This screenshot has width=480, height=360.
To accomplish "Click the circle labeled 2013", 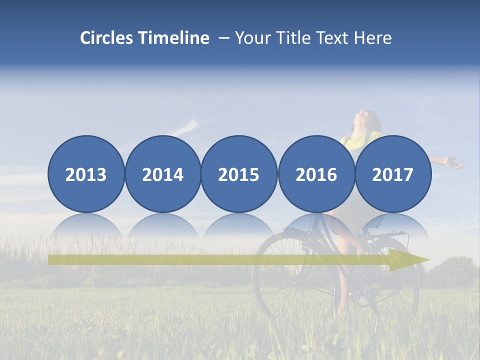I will coord(86,174).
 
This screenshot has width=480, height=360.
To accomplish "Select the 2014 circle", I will coord(163,174).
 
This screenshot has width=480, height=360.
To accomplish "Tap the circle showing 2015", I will coord(239,174).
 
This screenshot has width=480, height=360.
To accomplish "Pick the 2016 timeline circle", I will coord(316,174).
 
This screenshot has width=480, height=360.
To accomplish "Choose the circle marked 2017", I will coord(393,174).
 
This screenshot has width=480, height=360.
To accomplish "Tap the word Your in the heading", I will coord(252,38).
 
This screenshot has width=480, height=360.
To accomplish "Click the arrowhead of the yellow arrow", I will coord(407,259).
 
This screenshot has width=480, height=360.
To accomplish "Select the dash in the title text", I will coord(224,38).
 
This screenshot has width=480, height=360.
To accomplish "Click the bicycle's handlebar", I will coord(395,233).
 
